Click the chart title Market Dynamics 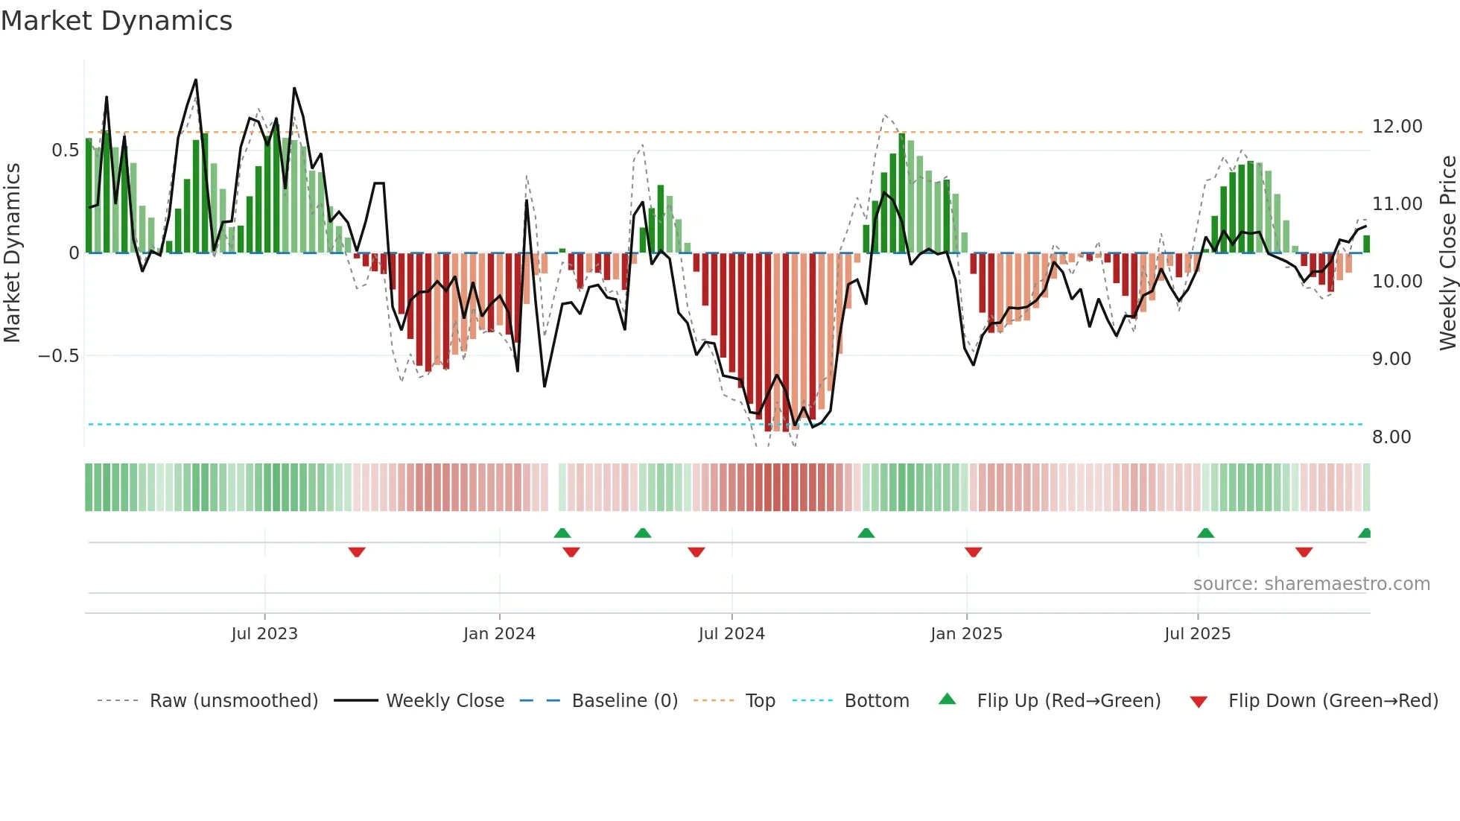pyautogui.click(x=116, y=21)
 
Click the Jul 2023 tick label pyautogui.click(x=264, y=634)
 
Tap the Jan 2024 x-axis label pyautogui.click(x=499, y=634)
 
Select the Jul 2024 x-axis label pyautogui.click(x=731, y=634)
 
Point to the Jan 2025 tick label pyautogui.click(x=966, y=634)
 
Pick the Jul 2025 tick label pyautogui.click(x=1197, y=634)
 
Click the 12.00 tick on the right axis pyautogui.click(x=1397, y=127)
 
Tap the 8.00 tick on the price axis pyautogui.click(x=1391, y=437)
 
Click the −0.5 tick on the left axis pyautogui.click(x=58, y=356)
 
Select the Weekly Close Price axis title pyautogui.click(x=1447, y=253)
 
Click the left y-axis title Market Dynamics pyautogui.click(x=12, y=253)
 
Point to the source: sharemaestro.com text pyautogui.click(x=1311, y=584)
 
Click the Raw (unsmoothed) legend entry pyautogui.click(x=233, y=701)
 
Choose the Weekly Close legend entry pyautogui.click(x=445, y=701)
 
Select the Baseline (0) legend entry pyautogui.click(x=624, y=701)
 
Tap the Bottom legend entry pyautogui.click(x=876, y=701)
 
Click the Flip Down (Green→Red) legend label pyautogui.click(x=1333, y=701)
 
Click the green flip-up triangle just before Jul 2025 pyautogui.click(x=1205, y=533)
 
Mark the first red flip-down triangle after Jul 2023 pyautogui.click(x=357, y=552)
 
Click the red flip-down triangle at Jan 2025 pyautogui.click(x=973, y=552)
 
